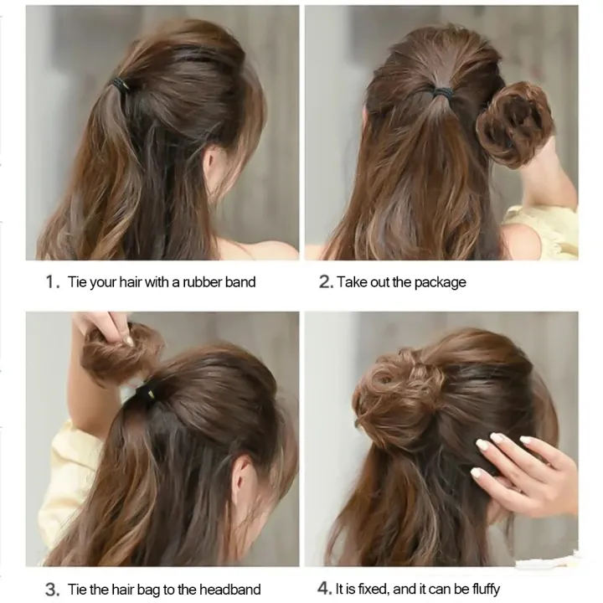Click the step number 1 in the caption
(49, 282)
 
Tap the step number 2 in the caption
(326, 282)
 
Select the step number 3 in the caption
(50, 590)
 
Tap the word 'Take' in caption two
(353, 282)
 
